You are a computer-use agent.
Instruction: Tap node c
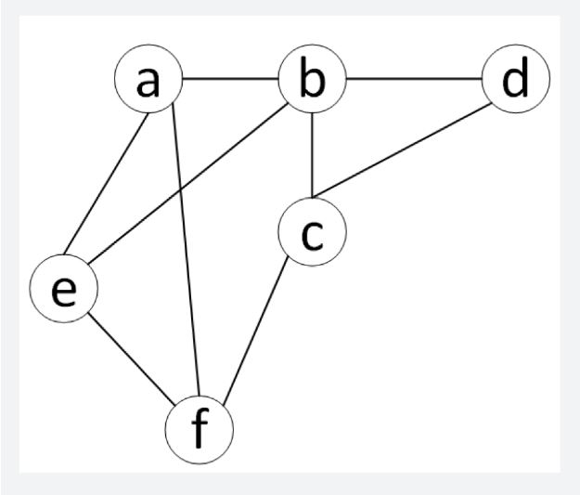312,232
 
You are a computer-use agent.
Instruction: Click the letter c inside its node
312,233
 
